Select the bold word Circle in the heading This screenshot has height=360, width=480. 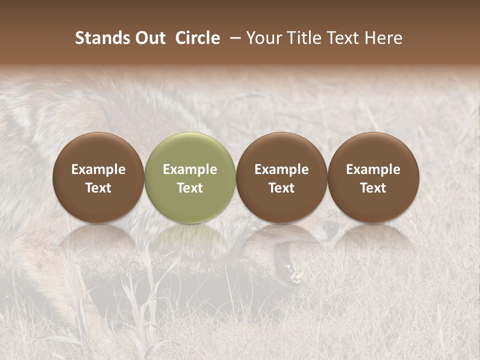[197, 38]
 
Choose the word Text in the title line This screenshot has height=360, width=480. [345, 38]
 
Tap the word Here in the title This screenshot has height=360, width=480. [384, 38]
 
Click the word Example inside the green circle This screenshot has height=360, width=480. [190, 169]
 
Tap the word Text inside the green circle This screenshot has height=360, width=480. [190, 188]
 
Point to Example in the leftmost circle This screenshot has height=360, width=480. [98, 169]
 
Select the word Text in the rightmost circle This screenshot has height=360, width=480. [373, 188]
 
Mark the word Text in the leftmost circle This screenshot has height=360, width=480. [98, 188]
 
